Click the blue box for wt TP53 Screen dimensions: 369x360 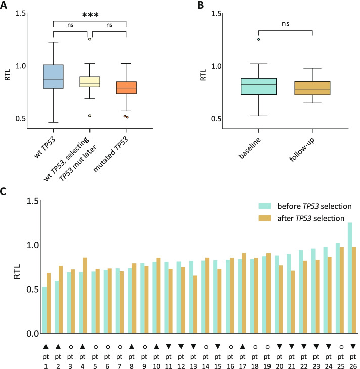tap(53, 76)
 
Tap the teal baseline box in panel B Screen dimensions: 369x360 tap(258, 86)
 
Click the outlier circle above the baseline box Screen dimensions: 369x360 tap(258, 39)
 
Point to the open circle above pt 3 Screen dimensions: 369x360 tap(70, 346)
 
